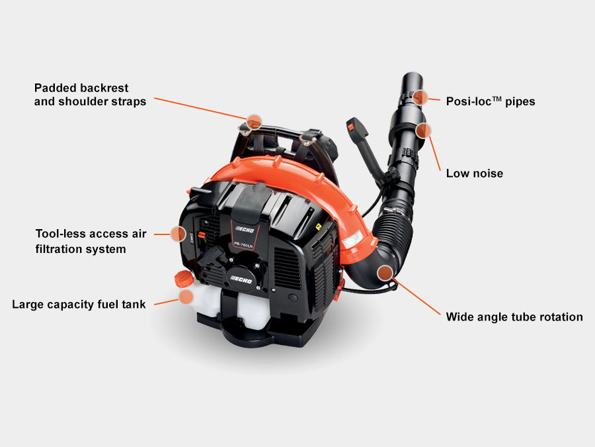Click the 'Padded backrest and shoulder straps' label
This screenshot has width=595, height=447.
(91, 95)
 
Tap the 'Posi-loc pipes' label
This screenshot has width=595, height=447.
(491, 101)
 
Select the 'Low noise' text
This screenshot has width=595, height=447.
(474, 174)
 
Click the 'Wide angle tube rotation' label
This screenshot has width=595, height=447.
(514, 317)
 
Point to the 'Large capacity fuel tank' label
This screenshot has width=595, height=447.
(79, 305)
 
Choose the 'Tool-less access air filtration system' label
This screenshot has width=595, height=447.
(91, 241)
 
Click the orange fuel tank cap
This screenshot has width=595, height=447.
(184, 279)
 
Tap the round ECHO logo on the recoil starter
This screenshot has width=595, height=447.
(241, 279)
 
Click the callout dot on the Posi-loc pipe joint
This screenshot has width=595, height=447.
(420, 98)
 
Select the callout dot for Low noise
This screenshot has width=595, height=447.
(423, 130)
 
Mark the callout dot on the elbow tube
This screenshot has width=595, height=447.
(385, 273)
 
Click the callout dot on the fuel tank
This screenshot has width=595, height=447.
(186, 297)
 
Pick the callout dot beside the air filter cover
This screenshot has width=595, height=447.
(178, 234)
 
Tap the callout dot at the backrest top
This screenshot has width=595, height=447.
(254, 121)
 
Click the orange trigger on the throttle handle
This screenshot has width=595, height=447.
(353, 124)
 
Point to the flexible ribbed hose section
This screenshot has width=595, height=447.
(393, 228)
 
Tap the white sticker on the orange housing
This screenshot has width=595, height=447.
(352, 240)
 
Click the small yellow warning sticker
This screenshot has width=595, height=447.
(319, 227)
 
